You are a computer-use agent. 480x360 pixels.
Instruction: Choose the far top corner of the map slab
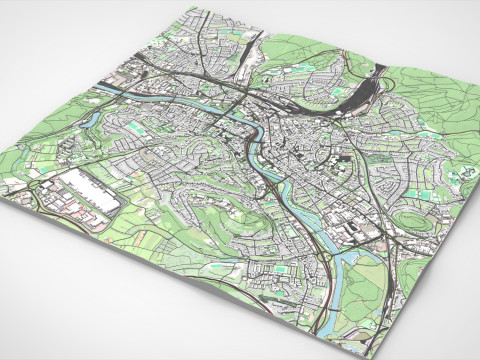(x=190, y=8)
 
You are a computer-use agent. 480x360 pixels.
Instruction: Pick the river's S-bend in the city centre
(x=258, y=140)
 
